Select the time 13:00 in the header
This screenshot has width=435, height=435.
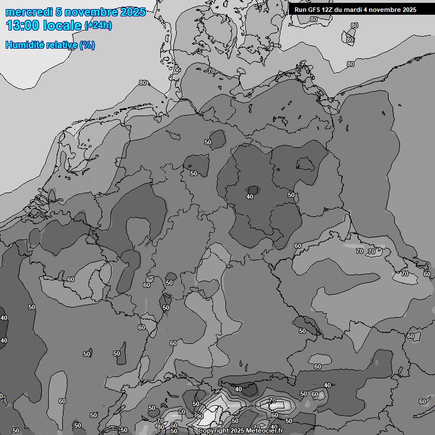coord(22,25)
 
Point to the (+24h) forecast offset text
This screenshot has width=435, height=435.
coord(98,25)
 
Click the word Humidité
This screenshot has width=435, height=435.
coord(24,45)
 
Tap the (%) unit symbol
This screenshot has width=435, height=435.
coord(87,45)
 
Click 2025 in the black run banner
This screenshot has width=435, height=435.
coord(409,10)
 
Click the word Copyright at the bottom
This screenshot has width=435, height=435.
coord(213,431)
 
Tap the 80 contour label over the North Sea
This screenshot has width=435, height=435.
coord(143,83)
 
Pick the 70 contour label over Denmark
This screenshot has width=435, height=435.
coord(211,71)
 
